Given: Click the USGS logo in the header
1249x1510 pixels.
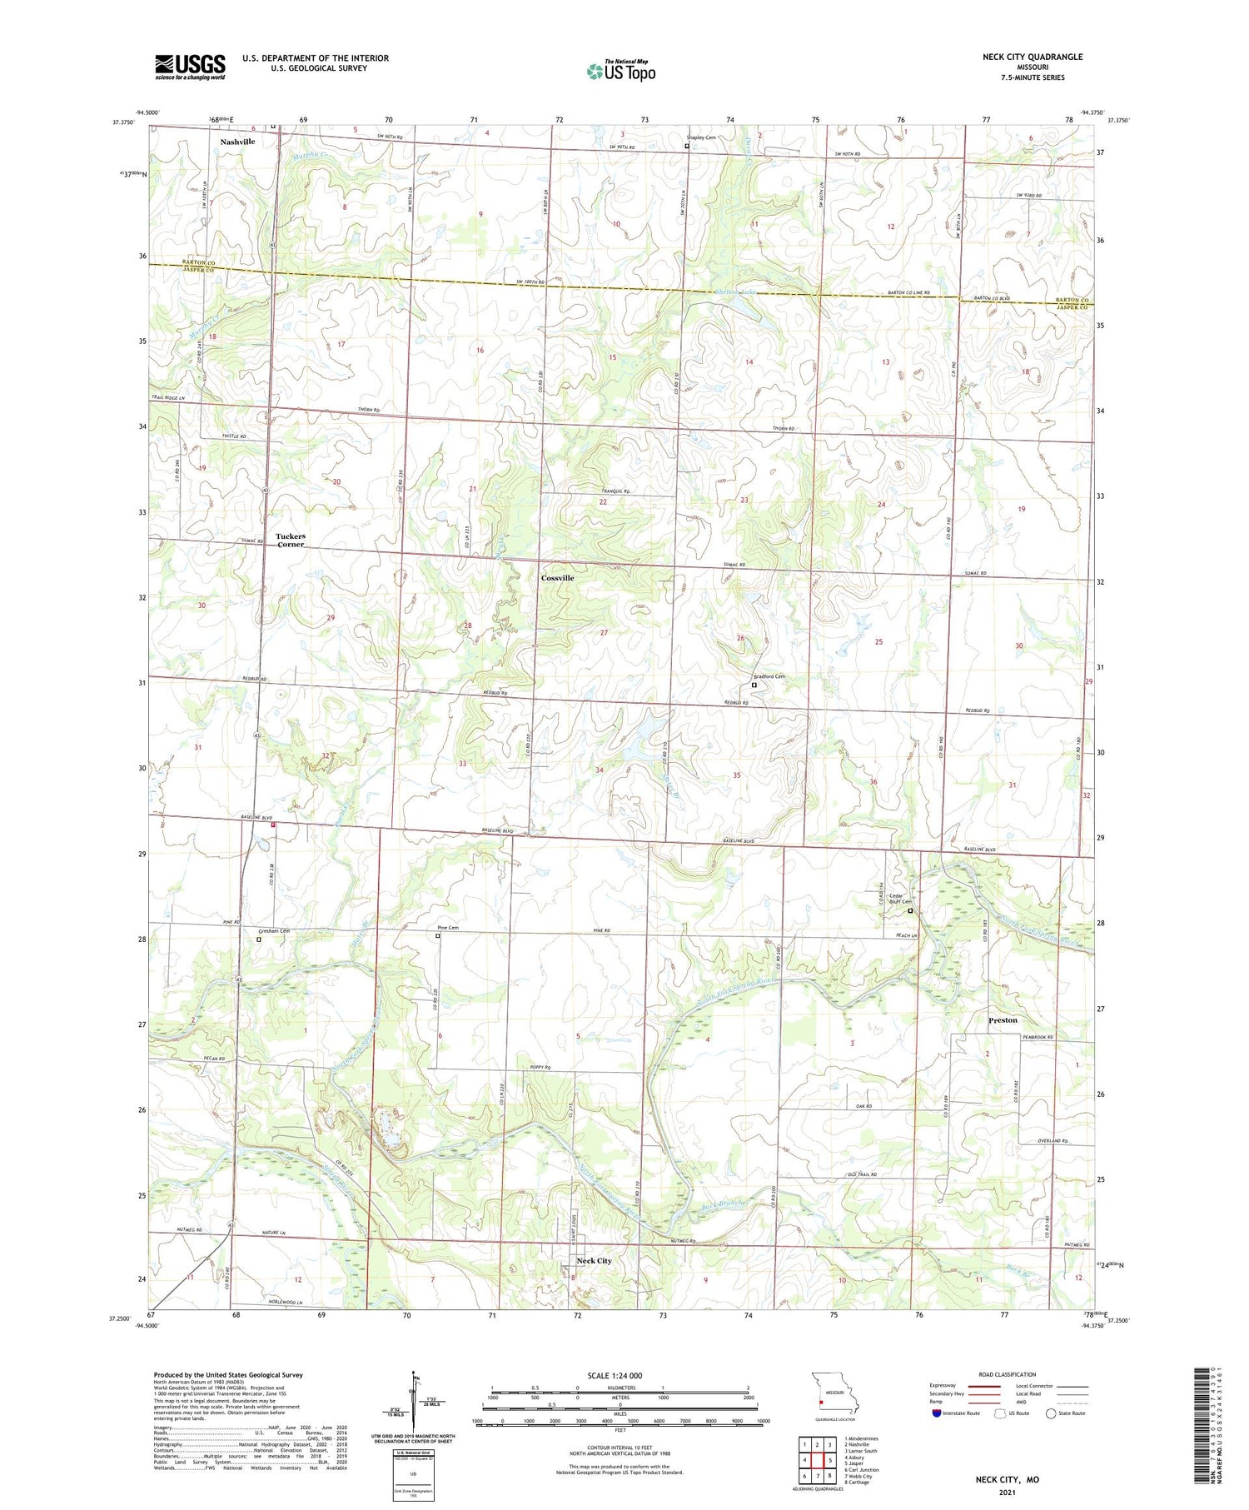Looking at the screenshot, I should pos(190,67).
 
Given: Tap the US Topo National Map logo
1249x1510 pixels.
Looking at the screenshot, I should pos(620,71).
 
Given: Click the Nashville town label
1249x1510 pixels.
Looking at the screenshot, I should pos(237,142).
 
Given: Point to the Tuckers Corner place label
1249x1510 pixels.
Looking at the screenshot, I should pos(291,540).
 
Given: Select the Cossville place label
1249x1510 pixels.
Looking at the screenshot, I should pos(557,578).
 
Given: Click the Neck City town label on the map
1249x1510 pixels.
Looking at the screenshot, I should pos(594,1260).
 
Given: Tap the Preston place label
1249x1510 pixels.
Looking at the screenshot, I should pos(1003,1020).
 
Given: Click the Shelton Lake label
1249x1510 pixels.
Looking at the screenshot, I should pos(735,292).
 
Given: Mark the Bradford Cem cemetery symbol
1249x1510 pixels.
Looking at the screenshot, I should pos(754,685).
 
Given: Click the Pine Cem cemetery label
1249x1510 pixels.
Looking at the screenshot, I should pos(448,928).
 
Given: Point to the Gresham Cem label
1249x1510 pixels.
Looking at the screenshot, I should pos(273,930).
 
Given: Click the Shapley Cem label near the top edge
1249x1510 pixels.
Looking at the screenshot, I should pos(701,138).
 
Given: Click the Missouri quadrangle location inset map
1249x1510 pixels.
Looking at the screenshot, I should pos(834,1392).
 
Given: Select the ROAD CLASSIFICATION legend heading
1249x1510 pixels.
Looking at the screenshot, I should pos(1008,1374).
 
